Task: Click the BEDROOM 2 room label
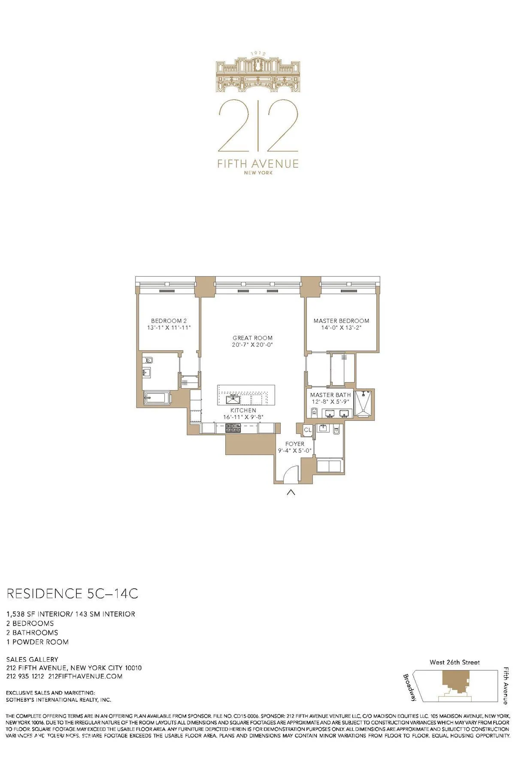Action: coord(169,321)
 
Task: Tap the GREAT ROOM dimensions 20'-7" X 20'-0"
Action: coord(252,345)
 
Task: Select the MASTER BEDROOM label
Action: coord(341,321)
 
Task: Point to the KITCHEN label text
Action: coord(243,411)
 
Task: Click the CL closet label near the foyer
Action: coord(307,430)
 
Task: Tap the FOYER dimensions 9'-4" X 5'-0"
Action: coord(294,451)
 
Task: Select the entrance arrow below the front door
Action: coord(291,493)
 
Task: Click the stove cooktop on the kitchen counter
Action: coord(234,428)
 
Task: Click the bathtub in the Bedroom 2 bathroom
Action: coord(157,398)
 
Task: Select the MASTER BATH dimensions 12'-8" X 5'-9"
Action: coord(331,402)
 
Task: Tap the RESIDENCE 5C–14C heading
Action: coord(72,594)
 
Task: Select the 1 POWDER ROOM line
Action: coord(37,642)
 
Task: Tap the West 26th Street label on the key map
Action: coord(454,662)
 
